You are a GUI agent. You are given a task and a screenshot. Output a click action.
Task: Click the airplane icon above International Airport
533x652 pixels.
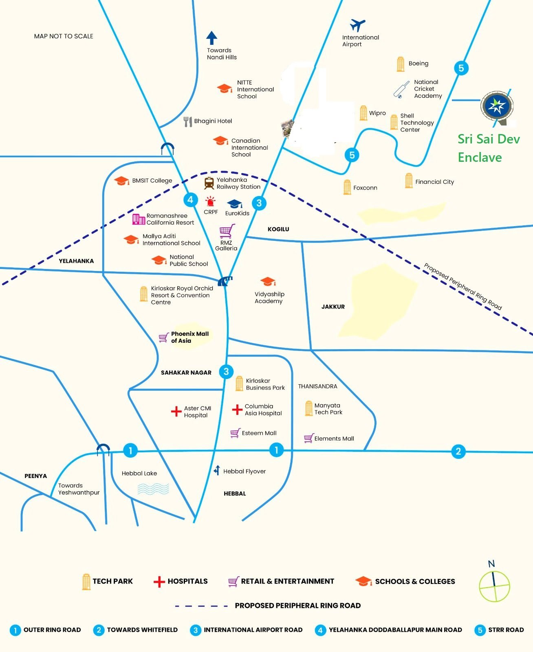pyautogui.click(x=357, y=26)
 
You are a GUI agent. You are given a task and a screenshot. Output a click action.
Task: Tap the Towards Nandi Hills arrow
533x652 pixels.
pyautogui.click(x=211, y=38)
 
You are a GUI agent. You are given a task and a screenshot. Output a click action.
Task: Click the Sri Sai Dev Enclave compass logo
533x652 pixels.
pyautogui.click(x=497, y=106)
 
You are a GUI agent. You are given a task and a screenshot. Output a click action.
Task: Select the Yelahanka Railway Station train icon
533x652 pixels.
pyautogui.click(x=209, y=183)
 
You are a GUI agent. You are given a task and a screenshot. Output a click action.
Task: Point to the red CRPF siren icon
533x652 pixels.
pyautogui.click(x=210, y=201)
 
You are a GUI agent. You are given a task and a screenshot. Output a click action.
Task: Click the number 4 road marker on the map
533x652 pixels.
pyautogui.click(x=190, y=200)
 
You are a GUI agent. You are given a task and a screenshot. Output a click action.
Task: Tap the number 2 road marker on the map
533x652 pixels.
pyautogui.click(x=458, y=451)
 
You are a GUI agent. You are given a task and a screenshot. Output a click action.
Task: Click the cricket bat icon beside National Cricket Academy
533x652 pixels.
pyautogui.click(x=401, y=90)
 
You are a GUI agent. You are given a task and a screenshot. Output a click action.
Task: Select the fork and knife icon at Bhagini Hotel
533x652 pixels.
pyautogui.click(x=187, y=121)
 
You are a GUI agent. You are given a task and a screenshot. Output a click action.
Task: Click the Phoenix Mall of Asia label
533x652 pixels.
pyautogui.click(x=189, y=337)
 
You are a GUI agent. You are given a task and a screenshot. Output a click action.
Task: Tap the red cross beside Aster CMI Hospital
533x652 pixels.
pyautogui.click(x=176, y=412)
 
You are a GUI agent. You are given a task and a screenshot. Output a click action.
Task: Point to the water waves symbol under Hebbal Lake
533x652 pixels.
pyautogui.click(x=153, y=489)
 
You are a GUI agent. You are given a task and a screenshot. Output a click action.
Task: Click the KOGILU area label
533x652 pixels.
pyautogui.click(x=278, y=229)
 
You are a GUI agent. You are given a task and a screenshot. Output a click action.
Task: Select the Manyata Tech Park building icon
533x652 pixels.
pyautogui.click(x=308, y=408)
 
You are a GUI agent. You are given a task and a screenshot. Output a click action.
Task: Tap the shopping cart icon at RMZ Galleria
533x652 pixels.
pyautogui.click(x=227, y=231)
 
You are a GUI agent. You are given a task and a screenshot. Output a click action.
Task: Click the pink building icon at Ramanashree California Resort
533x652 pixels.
pyautogui.click(x=139, y=219)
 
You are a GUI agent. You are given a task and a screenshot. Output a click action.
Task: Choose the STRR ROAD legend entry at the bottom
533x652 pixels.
pyautogui.click(x=499, y=630)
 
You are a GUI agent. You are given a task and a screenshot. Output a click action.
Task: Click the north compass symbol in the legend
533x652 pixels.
pyautogui.click(x=494, y=586)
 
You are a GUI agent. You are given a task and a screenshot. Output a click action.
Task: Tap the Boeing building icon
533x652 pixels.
pyautogui.click(x=401, y=64)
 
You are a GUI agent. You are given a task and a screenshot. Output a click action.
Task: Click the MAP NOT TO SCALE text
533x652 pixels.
pyautogui.click(x=64, y=36)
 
